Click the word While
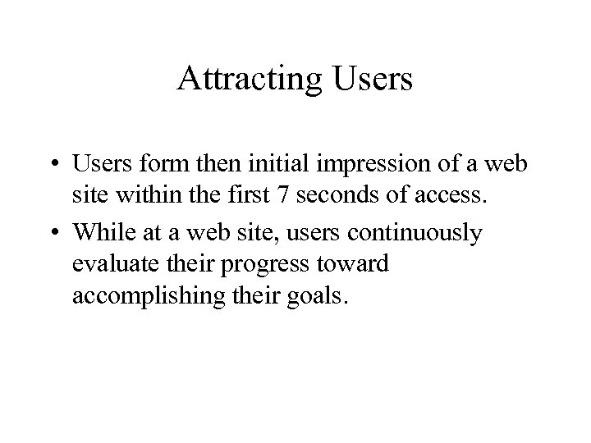coord(101,233)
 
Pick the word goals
coord(321,297)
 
